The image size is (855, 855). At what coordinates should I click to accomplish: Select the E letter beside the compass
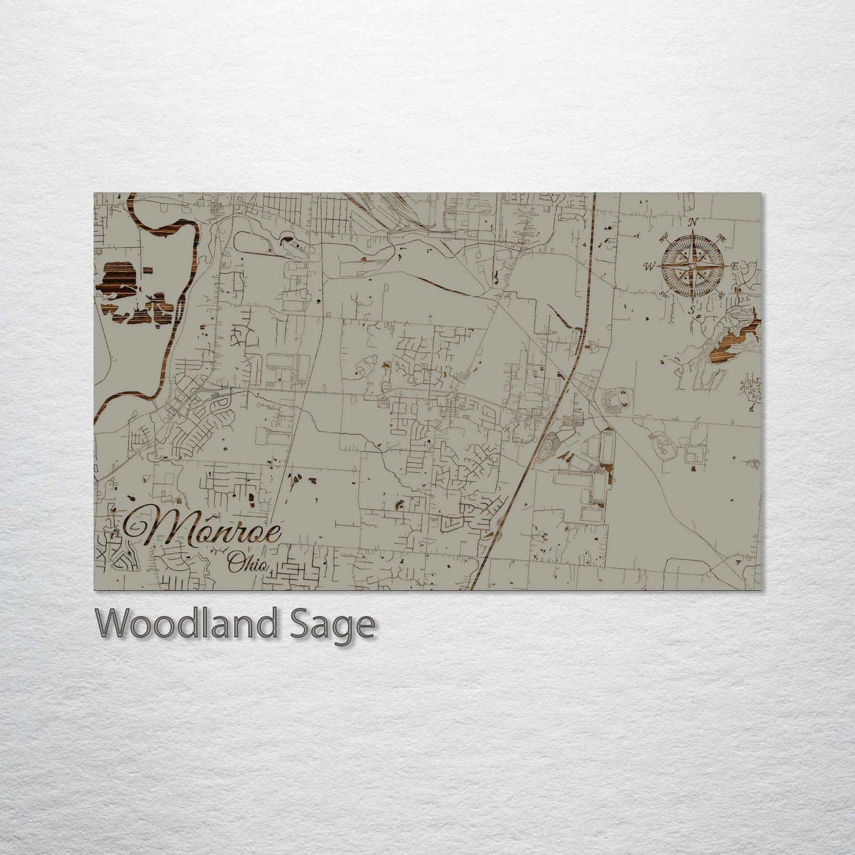pos(734,267)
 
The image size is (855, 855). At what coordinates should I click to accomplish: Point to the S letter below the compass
pos(692,310)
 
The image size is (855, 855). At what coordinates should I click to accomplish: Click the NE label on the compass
pos(721,238)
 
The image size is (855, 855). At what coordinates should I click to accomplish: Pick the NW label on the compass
pos(663,236)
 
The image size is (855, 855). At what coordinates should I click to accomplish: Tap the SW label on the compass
pos(663,295)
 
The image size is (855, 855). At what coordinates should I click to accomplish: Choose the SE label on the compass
pos(721,295)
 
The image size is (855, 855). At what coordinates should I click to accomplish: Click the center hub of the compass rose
pos(692,267)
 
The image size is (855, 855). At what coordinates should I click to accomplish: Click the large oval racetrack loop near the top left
pos(255,243)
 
